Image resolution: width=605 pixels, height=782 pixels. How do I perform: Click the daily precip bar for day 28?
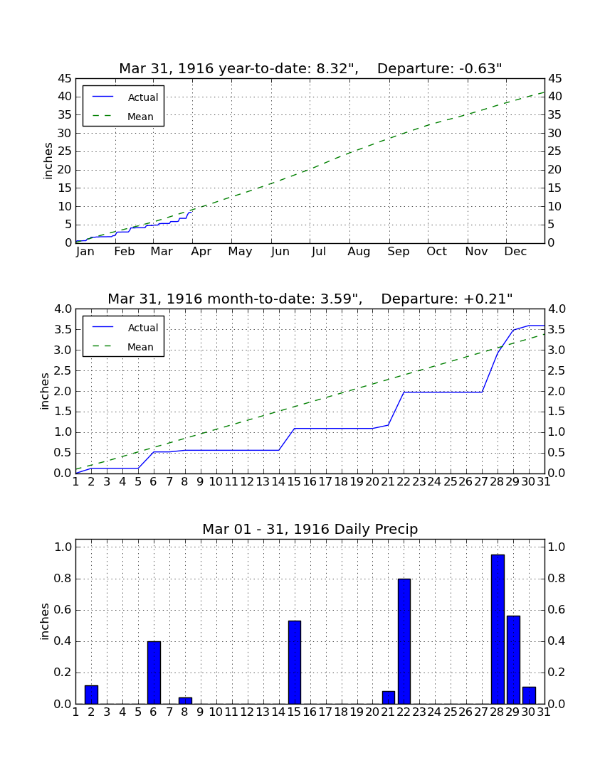click(498, 629)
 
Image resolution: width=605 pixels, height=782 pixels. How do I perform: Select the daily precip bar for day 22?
click(404, 641)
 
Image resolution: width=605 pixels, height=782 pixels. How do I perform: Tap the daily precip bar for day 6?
click(154, 673)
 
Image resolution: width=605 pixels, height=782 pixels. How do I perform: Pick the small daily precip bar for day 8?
click(185, 701)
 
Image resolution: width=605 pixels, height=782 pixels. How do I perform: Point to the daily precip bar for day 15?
click(295, 663)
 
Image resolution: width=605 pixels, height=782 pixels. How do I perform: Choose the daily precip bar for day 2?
click(91, 695)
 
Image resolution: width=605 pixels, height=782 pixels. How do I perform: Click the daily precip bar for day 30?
click(529, 695)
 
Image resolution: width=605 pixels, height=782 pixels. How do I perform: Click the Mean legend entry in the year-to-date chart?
click(122, 117)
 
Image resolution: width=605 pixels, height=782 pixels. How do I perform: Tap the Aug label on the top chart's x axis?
click(359, 252)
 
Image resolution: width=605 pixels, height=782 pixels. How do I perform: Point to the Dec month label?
click(515, 252)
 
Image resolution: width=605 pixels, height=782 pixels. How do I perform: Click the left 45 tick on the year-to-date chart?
click(65, 79)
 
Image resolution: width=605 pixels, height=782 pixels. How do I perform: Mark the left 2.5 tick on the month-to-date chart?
click(63, 370)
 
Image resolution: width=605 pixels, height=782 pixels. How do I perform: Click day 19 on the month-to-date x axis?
click(357, 482)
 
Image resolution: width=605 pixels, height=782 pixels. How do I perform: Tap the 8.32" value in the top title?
click(337, 68)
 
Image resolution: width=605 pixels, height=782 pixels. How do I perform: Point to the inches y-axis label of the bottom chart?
click(45, 621)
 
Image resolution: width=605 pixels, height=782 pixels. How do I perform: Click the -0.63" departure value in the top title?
click(480, 68)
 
